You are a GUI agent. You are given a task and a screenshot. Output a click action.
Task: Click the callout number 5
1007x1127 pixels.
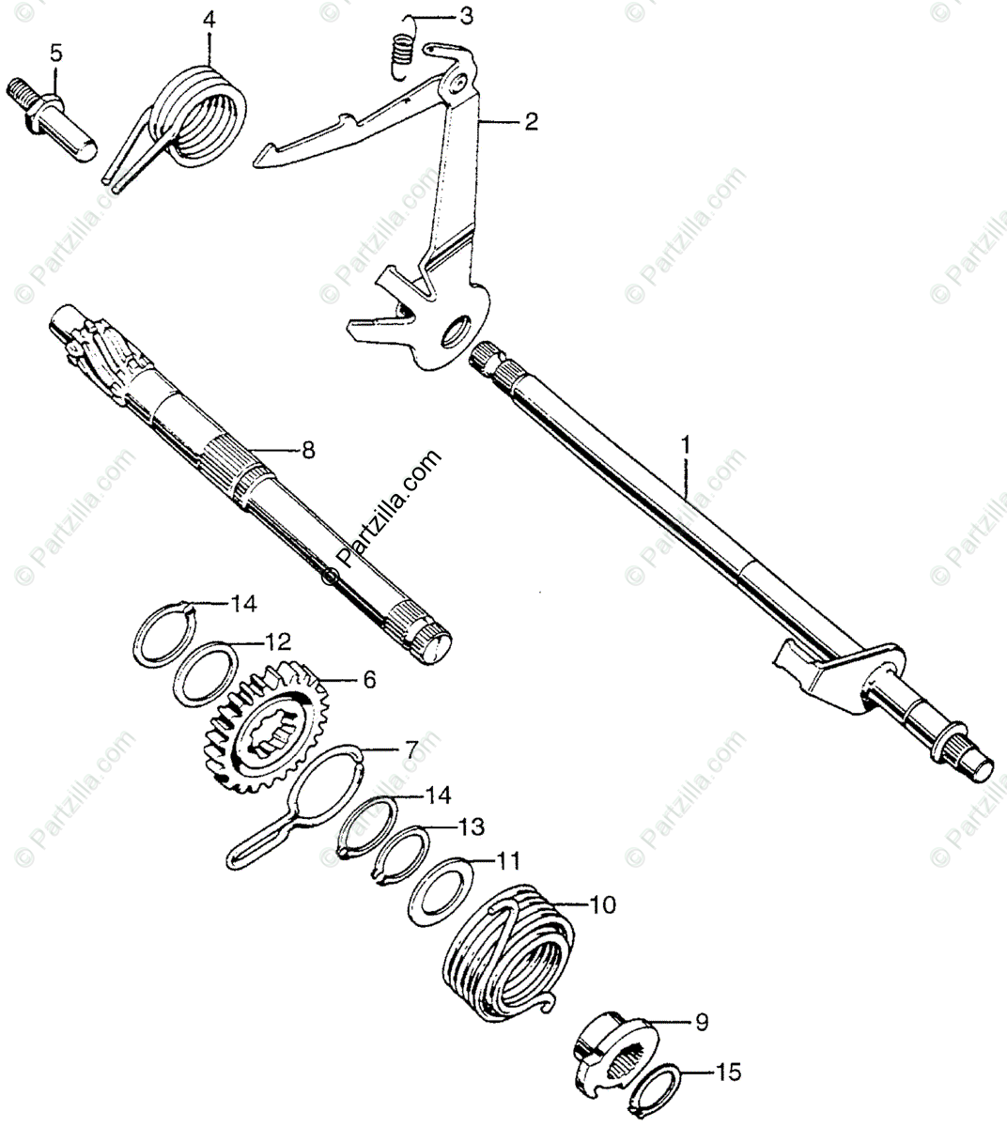coord(56,53)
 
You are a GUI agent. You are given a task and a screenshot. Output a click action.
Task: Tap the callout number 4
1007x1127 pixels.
coord(208,17)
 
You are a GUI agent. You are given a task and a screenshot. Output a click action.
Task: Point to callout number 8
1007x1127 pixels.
coord(308,451)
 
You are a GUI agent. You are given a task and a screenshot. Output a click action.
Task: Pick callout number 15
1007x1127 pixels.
coord(728,1071)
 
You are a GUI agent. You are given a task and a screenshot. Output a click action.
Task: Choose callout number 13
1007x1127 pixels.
coord(472,826)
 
